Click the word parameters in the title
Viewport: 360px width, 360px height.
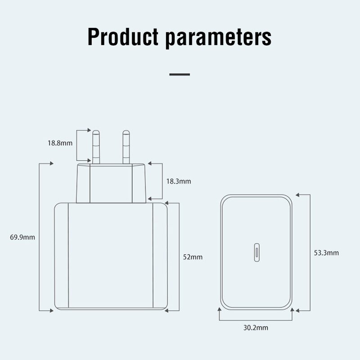pos(218,38)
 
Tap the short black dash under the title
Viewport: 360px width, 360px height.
pos(180,74)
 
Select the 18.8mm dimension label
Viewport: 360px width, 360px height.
pos(60,144)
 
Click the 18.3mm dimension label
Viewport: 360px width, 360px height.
pos(179,181)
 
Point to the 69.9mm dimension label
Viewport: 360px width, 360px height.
pos(22,237)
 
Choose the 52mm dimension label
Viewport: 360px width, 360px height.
pos(193,257)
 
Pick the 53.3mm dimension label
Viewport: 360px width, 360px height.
pos(326,253)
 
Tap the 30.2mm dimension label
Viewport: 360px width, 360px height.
pos(256,328)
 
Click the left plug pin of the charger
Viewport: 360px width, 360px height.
pos(96,147)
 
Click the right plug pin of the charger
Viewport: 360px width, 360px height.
pos(126,147)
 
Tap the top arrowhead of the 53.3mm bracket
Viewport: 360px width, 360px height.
pos(298,194)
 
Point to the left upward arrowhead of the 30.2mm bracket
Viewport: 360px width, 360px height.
pos(219,310)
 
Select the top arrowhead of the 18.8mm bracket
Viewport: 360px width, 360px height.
pos(89,130)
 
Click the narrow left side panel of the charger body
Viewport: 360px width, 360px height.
pos(62,257)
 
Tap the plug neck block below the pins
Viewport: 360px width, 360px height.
pos(111,183)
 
